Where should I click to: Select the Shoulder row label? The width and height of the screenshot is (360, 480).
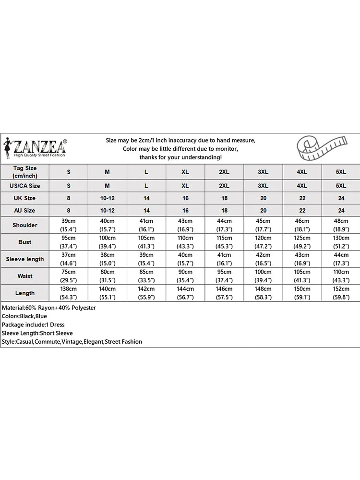tap(25, 225)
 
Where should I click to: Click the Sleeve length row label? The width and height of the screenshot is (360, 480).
tap(25, 259)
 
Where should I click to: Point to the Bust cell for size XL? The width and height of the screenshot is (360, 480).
tap(185, 242)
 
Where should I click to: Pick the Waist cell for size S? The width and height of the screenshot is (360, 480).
tap(69, 276)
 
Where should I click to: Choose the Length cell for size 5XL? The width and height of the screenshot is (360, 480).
tap(341, 293)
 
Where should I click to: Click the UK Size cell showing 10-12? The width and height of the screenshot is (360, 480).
tap(108, 198)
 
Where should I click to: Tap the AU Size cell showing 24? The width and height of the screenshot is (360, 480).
tap(341, 211)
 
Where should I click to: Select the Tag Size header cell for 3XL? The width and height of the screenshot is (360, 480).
tap(263, 172)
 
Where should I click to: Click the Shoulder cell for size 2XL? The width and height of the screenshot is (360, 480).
tap(224, 225)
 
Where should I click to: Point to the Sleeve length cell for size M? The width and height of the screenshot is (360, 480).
tap(108, 259)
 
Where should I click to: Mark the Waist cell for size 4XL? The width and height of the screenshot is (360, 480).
tap(302, 276)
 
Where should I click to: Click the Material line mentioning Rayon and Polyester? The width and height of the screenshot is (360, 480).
tap(48, 308)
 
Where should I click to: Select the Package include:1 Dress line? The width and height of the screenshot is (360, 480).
tap(33, 325)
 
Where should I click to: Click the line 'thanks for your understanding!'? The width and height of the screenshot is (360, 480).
tap(180, 157)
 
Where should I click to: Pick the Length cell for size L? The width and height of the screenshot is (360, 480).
tap(146, 293)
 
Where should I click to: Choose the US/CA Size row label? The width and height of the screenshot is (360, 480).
tap(25, 186)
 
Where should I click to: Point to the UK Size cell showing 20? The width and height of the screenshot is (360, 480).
tap(263, 198)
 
